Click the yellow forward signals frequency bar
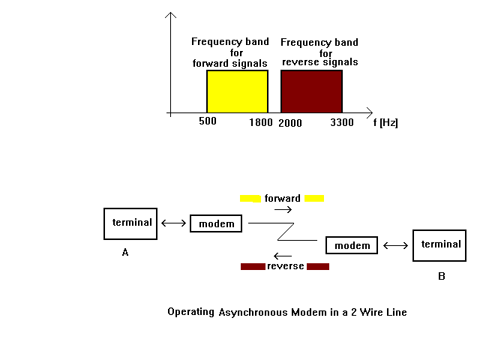(x=237, y=91)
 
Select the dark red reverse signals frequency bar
(x=312, y=91)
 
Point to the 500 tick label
(x=208, y=121)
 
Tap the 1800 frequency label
(x=261, y=123)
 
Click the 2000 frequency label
(x=290, y=123)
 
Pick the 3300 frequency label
(x=342, y=123)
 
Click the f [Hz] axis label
(x=385, y=123)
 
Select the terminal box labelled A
(x=130, y=223)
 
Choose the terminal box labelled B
(x=439, y=245)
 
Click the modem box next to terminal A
(x=216, y=223)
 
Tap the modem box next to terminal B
(x=352, y=245)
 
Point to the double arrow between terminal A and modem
(x=173, y=223)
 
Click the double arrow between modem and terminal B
(x=395, y=245)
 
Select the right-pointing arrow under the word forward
(x=283, y=210)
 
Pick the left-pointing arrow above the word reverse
(x=283, y=256)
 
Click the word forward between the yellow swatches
(x=283, y=198)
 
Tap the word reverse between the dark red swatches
(x=286, y=266)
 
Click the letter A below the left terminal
(x=125, y=252)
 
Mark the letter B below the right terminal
(x=442, y=277)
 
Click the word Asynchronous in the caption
(x=253, y=313)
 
